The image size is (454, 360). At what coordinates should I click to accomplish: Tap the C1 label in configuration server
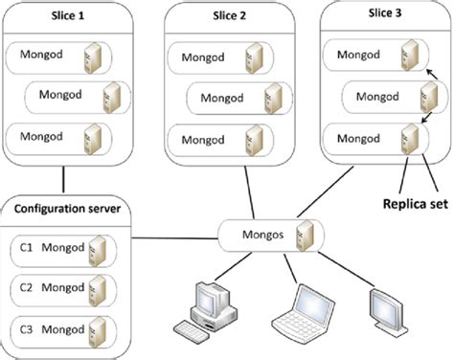tap(26, 247)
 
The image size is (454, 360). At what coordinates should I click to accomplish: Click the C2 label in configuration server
tap(26, 287)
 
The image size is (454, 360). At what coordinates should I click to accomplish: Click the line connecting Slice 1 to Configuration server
tap(64, 179)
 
